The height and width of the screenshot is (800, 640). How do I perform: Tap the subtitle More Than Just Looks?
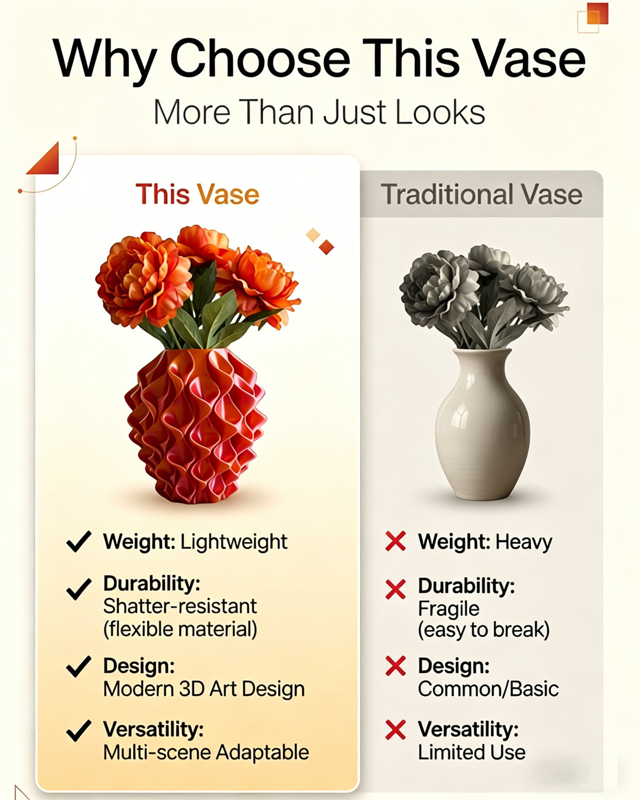[x=319, y=113]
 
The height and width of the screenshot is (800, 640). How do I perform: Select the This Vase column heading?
[x=197, y=194]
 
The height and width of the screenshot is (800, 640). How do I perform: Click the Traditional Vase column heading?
[x=481, y=194]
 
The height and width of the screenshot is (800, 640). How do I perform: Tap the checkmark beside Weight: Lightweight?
[x=79, y=542]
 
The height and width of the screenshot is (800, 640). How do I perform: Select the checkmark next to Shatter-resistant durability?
[x=79, y=589]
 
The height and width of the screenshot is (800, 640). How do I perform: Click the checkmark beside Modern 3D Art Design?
[x=79, y=667]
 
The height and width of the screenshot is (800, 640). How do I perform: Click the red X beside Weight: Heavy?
[x=395, y=541]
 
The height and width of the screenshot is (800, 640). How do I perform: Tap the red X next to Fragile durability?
[x=395, y=589]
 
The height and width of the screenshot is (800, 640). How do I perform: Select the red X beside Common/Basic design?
[x=395, y=666]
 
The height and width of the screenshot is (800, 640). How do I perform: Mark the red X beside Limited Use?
[x=395, y=730]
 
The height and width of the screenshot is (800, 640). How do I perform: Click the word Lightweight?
[x=234, y=542]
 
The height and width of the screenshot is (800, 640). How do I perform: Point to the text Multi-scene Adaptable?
[x=206, y=753]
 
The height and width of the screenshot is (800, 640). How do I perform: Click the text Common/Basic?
[x=488, y=689]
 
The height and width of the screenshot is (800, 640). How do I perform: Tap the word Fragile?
[x=449, y=608]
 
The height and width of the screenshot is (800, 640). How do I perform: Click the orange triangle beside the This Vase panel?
[x=45, y=160]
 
